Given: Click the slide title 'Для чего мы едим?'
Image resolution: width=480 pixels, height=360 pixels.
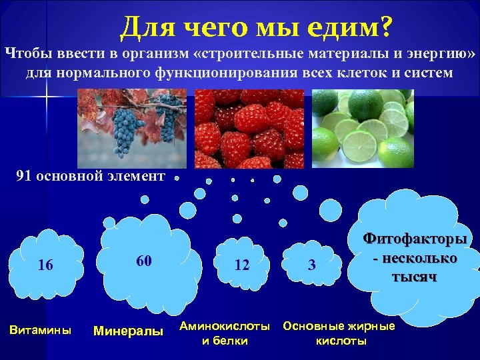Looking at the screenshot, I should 257,27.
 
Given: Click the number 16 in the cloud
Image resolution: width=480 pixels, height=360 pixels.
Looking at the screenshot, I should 46,265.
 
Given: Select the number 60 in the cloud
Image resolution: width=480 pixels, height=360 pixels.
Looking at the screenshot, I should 143,260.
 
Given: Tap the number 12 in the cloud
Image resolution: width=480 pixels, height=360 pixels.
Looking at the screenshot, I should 242,265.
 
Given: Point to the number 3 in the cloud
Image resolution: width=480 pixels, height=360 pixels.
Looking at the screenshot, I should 311,265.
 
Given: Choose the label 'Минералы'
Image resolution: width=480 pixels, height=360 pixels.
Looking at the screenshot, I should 128,330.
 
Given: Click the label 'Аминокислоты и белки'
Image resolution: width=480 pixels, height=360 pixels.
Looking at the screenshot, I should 225,333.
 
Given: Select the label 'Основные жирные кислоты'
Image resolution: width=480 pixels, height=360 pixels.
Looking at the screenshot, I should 339,333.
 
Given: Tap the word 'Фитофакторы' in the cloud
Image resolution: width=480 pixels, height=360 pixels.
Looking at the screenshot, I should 415,239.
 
